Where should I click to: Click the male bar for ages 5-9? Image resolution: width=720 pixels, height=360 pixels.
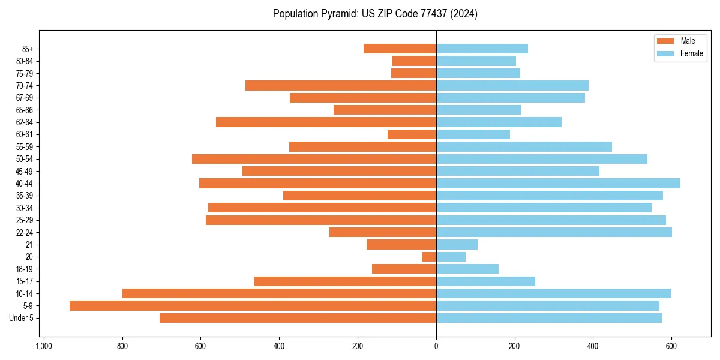pyautogui.click(x=253, y=306)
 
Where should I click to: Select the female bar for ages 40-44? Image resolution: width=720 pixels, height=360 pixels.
pyautogui.click(x=558, y=184)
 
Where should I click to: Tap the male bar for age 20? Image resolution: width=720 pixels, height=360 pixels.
pyautogui.click(x=430, y=257)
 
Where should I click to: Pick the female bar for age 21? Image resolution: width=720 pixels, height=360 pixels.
pyautogui.click(x=457, y=245)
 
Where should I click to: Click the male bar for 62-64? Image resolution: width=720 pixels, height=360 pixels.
pyautogui.click(x=326, y=122)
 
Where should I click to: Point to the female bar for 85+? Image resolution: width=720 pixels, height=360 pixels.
pyautogui.click(x=482, y=49)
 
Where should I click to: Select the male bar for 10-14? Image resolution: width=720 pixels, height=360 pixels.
pyautogui.click(x=279, y=293)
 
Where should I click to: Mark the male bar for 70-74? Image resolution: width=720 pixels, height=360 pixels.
pyautogui.click(x=341, y=85)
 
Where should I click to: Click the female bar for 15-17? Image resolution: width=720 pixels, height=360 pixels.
pyautogui.click(x=485, y=281)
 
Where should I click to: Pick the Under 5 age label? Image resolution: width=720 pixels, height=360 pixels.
pyautogui.click(x=21, y=318)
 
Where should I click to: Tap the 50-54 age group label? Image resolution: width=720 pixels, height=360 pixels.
pyautogui.click(x=25, y=159)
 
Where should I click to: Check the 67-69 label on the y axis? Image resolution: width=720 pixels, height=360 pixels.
pyautogui.click(x=25, y=98)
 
